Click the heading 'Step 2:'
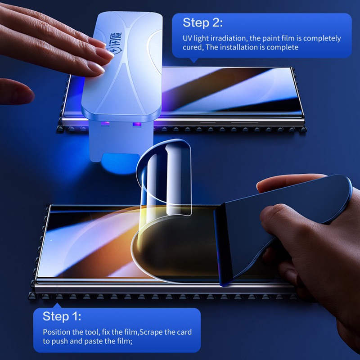202,23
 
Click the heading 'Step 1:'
62,316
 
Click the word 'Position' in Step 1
57,332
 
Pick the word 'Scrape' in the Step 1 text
151,332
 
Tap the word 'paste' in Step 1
94,342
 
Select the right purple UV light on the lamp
137,125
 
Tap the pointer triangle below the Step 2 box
194,60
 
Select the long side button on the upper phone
244,122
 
